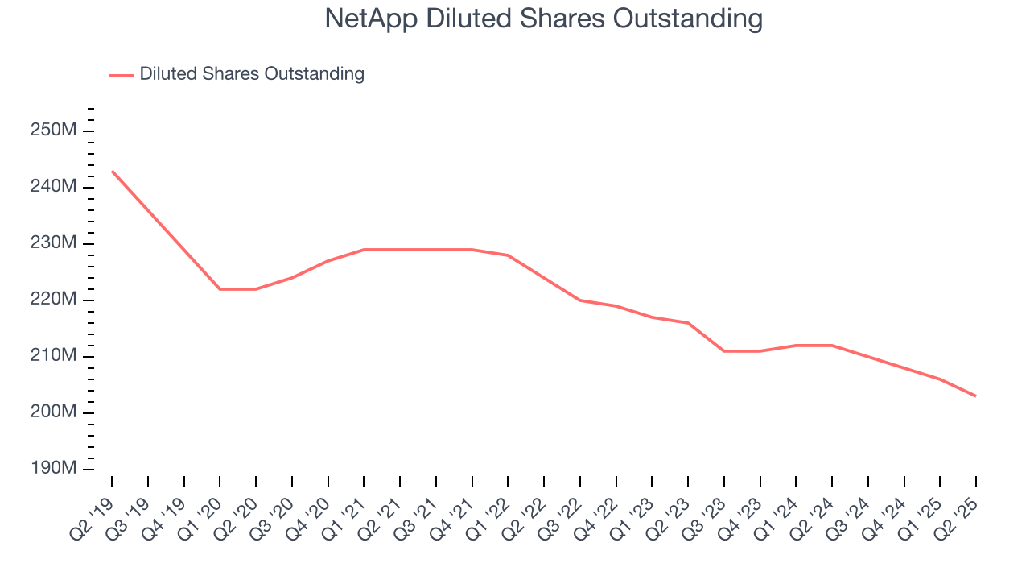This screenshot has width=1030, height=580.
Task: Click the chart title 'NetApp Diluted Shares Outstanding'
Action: (x=543, y=19)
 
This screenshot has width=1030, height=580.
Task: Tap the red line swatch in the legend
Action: (x=121, y=75)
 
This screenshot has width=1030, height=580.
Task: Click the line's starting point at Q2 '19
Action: (x=112, y=171)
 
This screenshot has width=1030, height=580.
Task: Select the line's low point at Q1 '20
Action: (x=220, y=288)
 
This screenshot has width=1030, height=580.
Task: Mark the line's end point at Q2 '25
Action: (x=976, y=396)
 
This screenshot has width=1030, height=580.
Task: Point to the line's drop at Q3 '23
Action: (x=724, y=350)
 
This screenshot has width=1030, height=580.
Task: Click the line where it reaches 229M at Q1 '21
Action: (x=364, y=250)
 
